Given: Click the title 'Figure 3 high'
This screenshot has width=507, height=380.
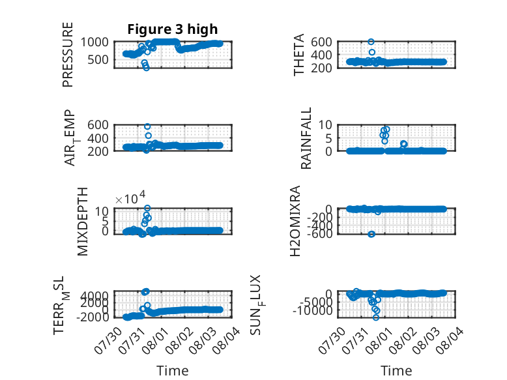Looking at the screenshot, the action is point(172,29).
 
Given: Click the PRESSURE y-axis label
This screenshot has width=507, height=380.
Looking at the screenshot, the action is point(68,55).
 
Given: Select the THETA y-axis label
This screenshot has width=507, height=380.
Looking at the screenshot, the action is point(298,55).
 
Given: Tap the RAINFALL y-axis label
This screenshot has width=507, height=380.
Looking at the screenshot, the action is point(306,138).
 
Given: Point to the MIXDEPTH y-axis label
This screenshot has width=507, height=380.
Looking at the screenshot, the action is point(83,222).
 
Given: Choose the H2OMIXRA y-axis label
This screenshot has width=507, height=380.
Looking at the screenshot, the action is point(295,221).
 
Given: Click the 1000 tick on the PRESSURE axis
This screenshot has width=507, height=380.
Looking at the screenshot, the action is point(94,42).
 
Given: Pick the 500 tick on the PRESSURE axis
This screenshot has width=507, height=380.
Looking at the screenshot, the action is point(98,59).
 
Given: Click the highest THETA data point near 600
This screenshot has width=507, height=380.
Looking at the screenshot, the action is point(371,42).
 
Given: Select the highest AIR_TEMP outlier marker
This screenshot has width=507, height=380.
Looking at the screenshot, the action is point(147,126).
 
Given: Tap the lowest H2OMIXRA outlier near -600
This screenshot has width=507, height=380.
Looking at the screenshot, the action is point(371,234).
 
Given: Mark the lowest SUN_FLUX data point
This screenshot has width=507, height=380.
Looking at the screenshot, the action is point(376,317).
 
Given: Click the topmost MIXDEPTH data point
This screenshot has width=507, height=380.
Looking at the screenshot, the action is point(147,208).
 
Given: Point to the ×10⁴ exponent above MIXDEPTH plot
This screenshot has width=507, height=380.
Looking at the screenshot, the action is point(130,197).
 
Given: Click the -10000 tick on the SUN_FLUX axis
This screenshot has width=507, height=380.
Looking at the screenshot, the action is point(313,311).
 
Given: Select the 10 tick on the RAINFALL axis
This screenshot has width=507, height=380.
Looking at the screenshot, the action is point(325,125).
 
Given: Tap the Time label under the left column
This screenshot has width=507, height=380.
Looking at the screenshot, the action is point(172,370).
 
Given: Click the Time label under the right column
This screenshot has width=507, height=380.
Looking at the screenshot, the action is point(396,370).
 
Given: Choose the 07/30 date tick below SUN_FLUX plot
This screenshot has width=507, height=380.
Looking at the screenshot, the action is point(332,340).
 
